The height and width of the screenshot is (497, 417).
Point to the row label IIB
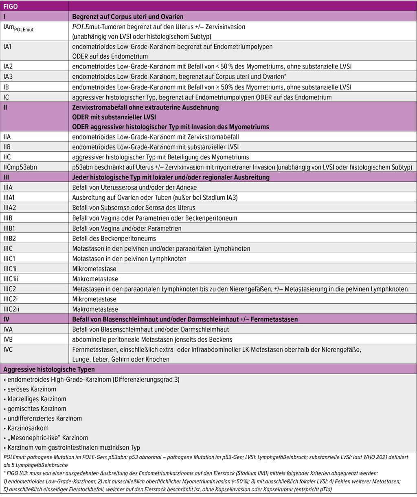point(8,147)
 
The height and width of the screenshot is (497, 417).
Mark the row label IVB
point(8,339)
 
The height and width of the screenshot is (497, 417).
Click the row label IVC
point(8,349)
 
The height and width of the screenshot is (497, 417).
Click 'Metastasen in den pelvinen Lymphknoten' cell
point(129,258)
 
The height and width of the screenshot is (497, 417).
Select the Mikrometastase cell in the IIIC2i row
point(94,299)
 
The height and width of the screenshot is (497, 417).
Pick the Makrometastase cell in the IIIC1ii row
point(95,279)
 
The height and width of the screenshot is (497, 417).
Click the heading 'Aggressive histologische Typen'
point(49,369)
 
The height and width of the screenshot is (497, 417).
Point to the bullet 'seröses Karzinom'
point(31,389)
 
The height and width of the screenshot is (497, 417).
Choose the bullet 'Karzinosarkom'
point(28,428)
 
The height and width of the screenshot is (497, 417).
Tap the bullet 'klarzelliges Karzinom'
point(37,399)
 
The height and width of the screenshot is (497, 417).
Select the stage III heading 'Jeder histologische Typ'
point(171,177)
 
